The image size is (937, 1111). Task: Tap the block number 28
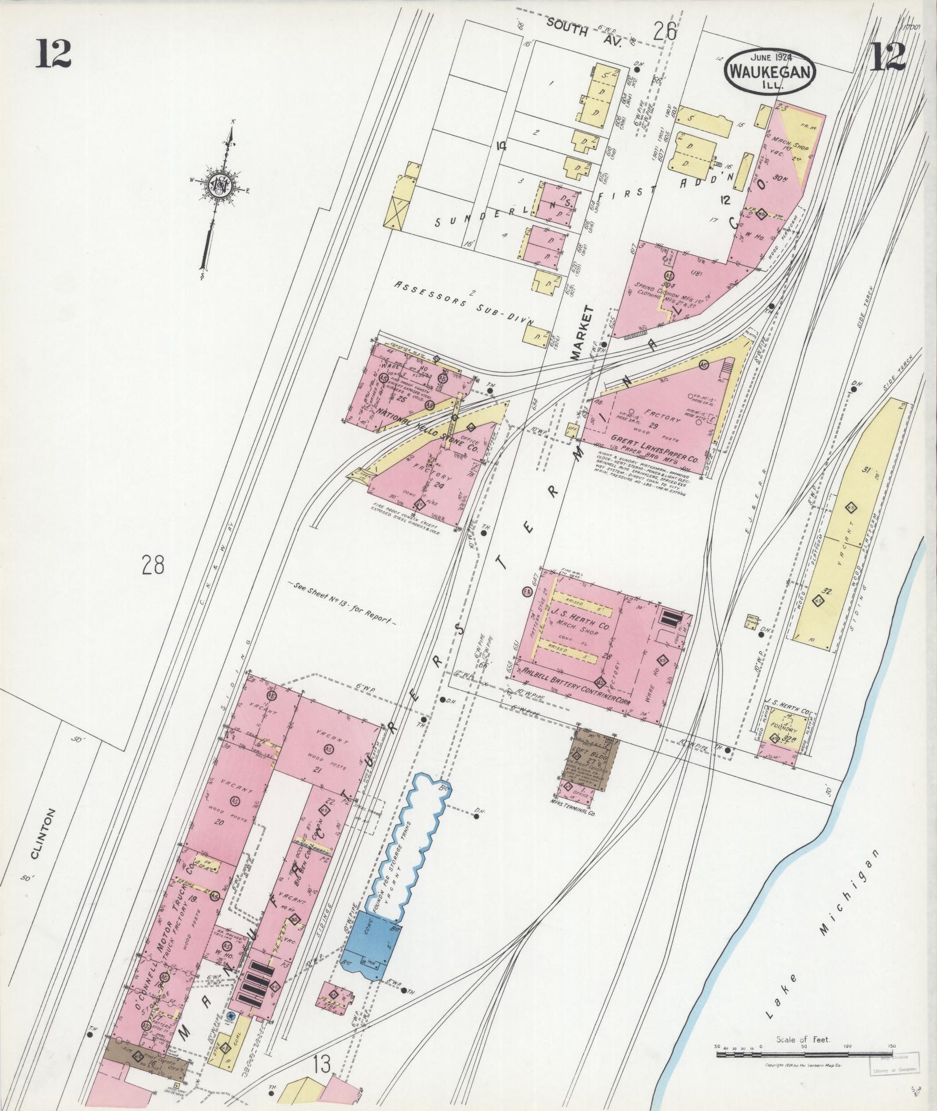coord(153,564)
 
